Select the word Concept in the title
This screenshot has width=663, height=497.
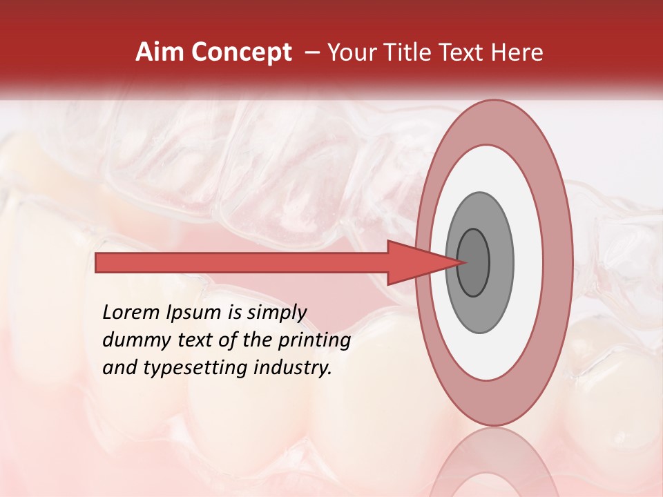point(241,52)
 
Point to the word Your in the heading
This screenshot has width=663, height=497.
point(351,52)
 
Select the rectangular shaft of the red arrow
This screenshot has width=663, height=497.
point(242,263)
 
